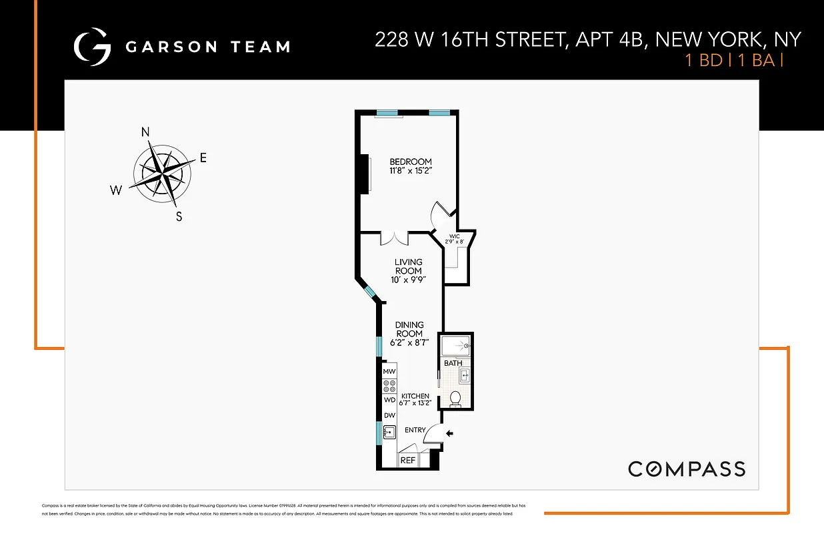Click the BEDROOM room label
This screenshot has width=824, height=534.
tap(411, 162)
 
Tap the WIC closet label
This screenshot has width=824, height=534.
tap(455, 236)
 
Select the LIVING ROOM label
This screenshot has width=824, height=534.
tap(409, 266)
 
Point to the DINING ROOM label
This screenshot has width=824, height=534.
tap(409, 329)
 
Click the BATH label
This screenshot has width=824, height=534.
tap(453, 363)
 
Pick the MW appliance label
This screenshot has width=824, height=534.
tap(389, 371)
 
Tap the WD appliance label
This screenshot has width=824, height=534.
tap(389, 400)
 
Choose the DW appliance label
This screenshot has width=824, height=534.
tap(389, 415)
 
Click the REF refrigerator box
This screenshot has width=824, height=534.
tap(407, 460)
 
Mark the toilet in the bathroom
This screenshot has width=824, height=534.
tap(455, 398)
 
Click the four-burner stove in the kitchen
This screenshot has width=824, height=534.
tap(389, 385)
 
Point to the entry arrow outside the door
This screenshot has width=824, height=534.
tap(449, 434)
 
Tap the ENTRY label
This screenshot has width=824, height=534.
tap(415, 430)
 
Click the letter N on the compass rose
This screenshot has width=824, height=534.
tap(145, 131)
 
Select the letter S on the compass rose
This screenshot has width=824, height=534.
tap(179, 216)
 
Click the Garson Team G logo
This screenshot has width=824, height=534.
tap(91, 46)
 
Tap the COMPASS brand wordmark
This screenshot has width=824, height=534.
tap(687, 469)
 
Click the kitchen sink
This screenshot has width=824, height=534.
tap(389, 431)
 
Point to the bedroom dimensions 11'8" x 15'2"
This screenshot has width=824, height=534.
tap(411, 171)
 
